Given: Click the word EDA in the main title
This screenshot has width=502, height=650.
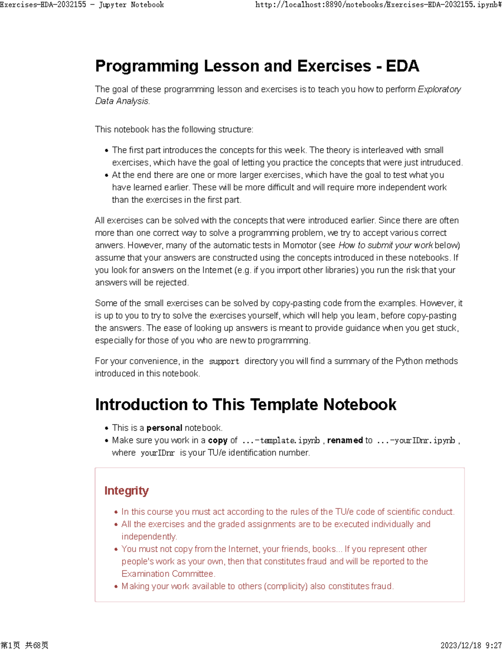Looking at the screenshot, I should [402, 66].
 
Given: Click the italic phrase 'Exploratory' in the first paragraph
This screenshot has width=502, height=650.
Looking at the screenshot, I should [439, 89].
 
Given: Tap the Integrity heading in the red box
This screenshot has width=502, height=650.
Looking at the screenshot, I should [126, 491].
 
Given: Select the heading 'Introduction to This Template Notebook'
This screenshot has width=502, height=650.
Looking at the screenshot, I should [246, 405].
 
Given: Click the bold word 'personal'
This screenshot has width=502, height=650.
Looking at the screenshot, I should [164, 428].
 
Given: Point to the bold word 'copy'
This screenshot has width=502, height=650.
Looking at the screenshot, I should [218, 440].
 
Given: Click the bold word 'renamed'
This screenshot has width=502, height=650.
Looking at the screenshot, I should [345, 440].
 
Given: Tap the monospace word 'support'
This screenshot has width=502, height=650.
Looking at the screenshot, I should [224, 361].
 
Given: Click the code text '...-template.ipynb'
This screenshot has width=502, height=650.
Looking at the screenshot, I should [281, 440].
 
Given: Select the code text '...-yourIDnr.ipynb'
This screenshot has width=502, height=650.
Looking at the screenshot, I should [415, 440].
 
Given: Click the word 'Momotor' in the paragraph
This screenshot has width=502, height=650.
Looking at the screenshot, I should [300, 245].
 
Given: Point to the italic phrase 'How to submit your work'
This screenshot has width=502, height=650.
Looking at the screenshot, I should [385, 245].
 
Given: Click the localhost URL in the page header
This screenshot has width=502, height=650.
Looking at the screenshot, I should [378, 5].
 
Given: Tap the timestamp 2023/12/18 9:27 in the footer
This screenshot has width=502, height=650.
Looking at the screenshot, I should [471, 645].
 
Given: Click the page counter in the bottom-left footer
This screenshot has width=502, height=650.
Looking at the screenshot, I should [24, 645].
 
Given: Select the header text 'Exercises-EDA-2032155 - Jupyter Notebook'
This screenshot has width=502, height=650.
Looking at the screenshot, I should [82, 5].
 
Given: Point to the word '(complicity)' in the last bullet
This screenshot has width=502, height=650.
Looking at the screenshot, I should [286, 586].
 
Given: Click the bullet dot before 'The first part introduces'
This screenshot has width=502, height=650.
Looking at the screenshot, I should [107, 151].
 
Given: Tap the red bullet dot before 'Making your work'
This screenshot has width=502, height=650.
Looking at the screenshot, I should [116, 587].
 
